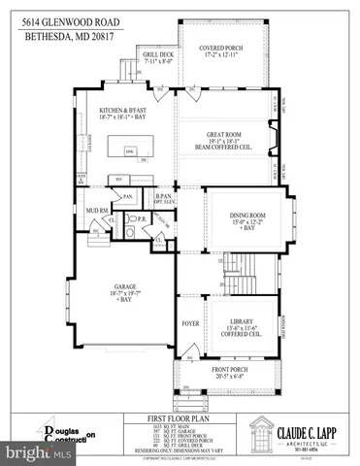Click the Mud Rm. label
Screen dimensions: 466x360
[x=94, y=209]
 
